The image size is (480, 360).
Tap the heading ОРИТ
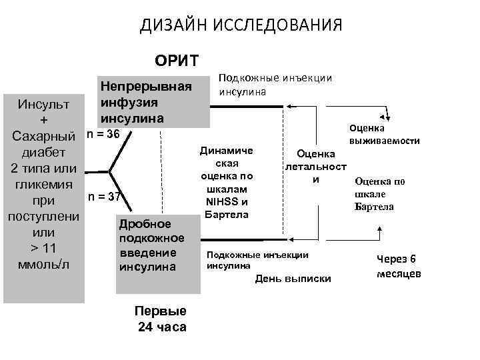[x=176, y=61]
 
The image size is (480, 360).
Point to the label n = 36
[x=103, y=134]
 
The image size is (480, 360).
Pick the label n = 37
[x=103, y=197]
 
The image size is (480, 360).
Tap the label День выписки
[x=293, y=278]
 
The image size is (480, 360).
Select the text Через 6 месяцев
[x=399, y=267]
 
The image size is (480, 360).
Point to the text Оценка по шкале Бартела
[x=379, y=193]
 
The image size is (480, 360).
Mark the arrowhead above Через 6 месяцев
[x=379, y=228]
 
